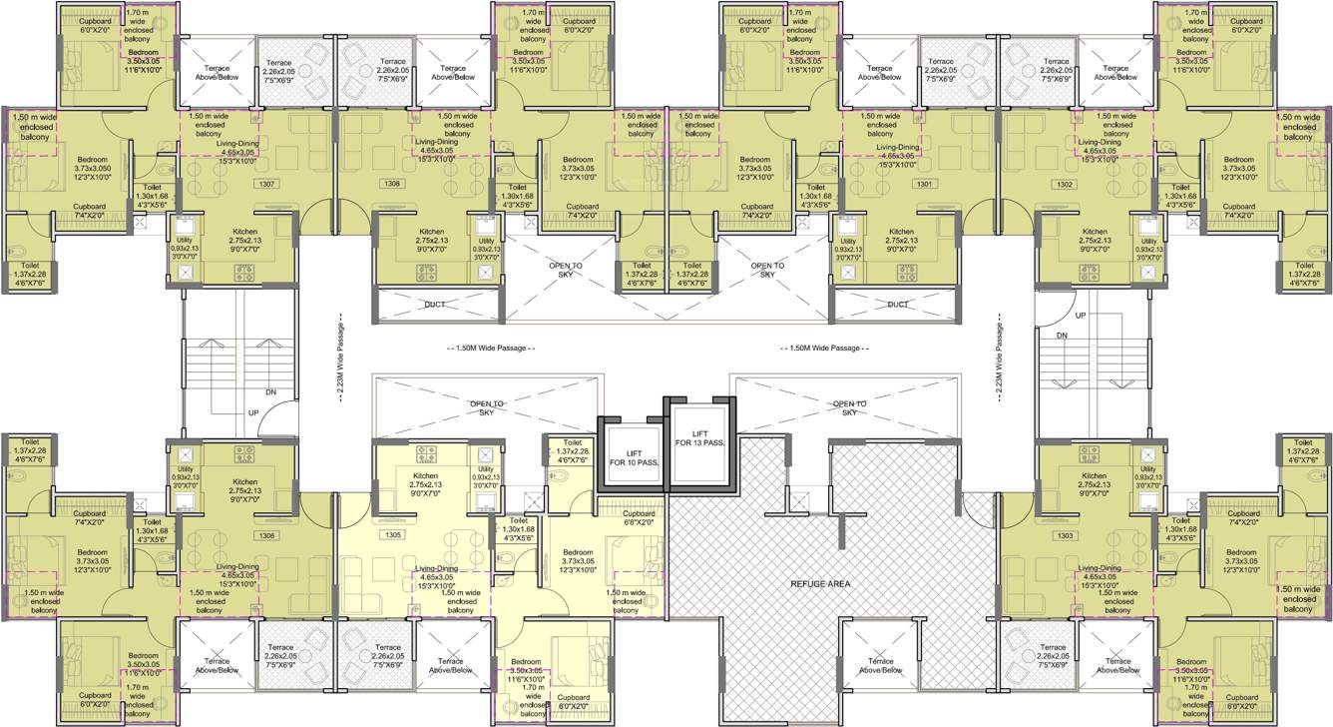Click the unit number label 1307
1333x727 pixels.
click(266, 185)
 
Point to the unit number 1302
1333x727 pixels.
click(1066, 185)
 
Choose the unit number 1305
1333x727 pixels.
click(392, 536)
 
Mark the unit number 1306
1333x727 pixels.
click(266, 536)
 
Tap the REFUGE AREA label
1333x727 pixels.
click(820, 583)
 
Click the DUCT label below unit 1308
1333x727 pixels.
click(436, 305)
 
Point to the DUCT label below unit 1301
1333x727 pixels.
click(898, 305)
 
